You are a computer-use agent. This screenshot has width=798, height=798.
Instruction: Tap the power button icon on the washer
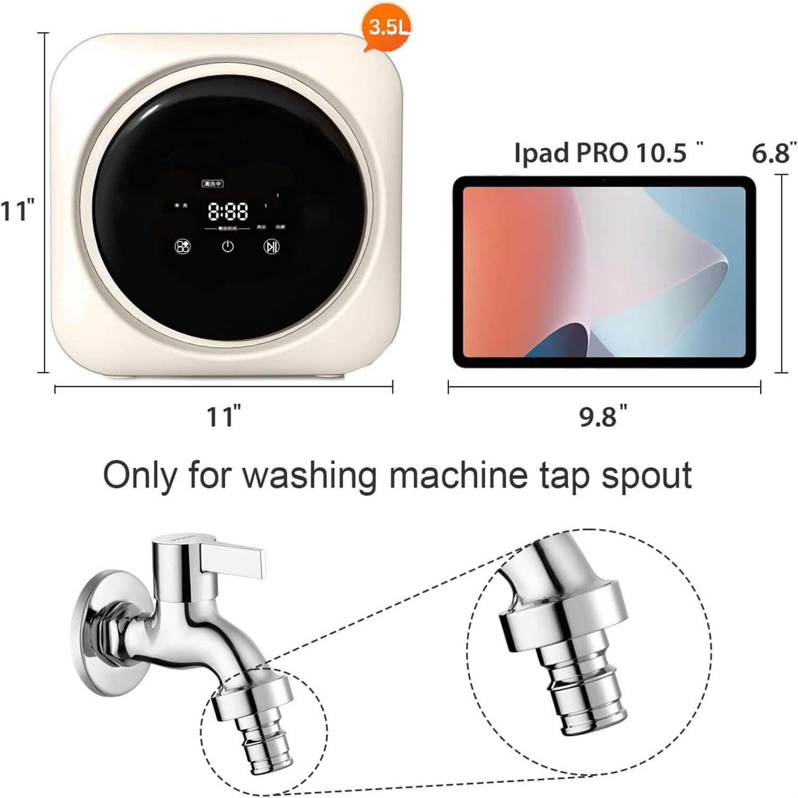coord(228,246)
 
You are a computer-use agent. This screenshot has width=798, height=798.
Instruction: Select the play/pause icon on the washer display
coord(272,246)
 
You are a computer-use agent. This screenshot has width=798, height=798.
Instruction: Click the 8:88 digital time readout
coord(228,212)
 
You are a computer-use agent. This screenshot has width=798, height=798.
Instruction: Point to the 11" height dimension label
coord(18,211)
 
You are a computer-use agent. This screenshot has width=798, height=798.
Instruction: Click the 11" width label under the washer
coord(224,415)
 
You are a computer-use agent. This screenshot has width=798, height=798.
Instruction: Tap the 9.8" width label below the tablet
coord(603,415)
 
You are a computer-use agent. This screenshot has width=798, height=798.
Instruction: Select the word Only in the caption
coord(139,475)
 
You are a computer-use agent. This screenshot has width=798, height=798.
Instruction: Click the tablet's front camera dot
coord(604,181)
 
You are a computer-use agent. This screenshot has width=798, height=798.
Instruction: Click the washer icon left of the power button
coord(183,246)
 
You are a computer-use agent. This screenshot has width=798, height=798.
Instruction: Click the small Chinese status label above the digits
coord(212,184)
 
